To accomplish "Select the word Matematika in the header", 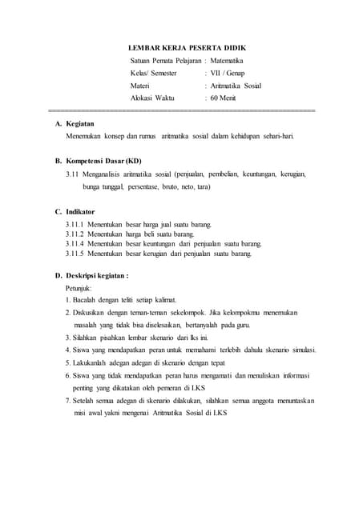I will (228, 60).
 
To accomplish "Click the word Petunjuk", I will (79, 286).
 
